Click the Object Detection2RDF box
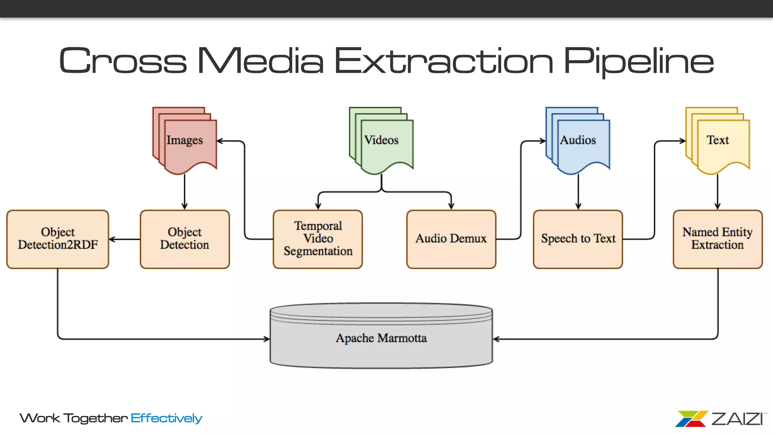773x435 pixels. pos(58,239)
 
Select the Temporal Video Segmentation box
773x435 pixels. pos(318,239)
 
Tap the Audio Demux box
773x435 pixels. pos(451,239)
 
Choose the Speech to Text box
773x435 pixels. pos(578,239)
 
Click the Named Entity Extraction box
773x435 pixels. pos(718,239)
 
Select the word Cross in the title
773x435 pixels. pos(123,60)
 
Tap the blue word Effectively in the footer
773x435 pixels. pos(166,418)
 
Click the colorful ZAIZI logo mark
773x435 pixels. pos(691,419)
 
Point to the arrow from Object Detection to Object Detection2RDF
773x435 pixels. pos(125,239)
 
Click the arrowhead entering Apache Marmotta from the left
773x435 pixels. pos(266,339)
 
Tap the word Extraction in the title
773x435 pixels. pos(443,60)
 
